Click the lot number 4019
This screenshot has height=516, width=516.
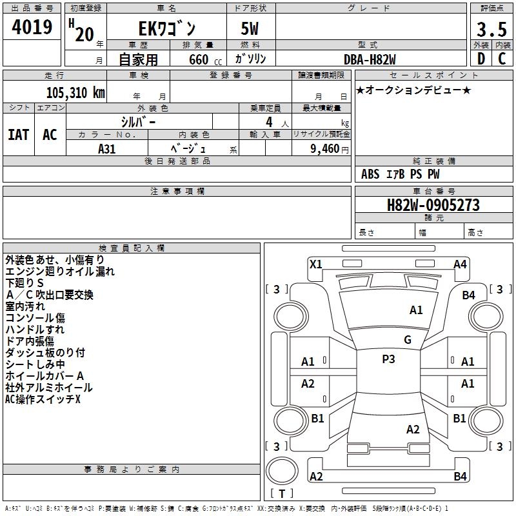point(32,27)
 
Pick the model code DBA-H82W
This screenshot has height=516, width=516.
point(370,59)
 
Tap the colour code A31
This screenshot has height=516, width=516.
point(107,148)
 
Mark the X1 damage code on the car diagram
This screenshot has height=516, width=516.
point(316,264)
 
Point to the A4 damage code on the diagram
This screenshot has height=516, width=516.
point(460,264)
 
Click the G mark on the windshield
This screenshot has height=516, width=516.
point(408,339)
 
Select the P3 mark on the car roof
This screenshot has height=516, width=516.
point(388,359)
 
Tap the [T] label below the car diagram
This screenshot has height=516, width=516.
point(282,493)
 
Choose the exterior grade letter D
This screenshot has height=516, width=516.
point(481,59)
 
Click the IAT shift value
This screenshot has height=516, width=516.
point(18,134)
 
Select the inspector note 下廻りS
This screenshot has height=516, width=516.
point(25,283)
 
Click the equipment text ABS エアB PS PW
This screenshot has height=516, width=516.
point(400,174)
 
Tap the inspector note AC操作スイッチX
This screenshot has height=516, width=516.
point(43,399)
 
